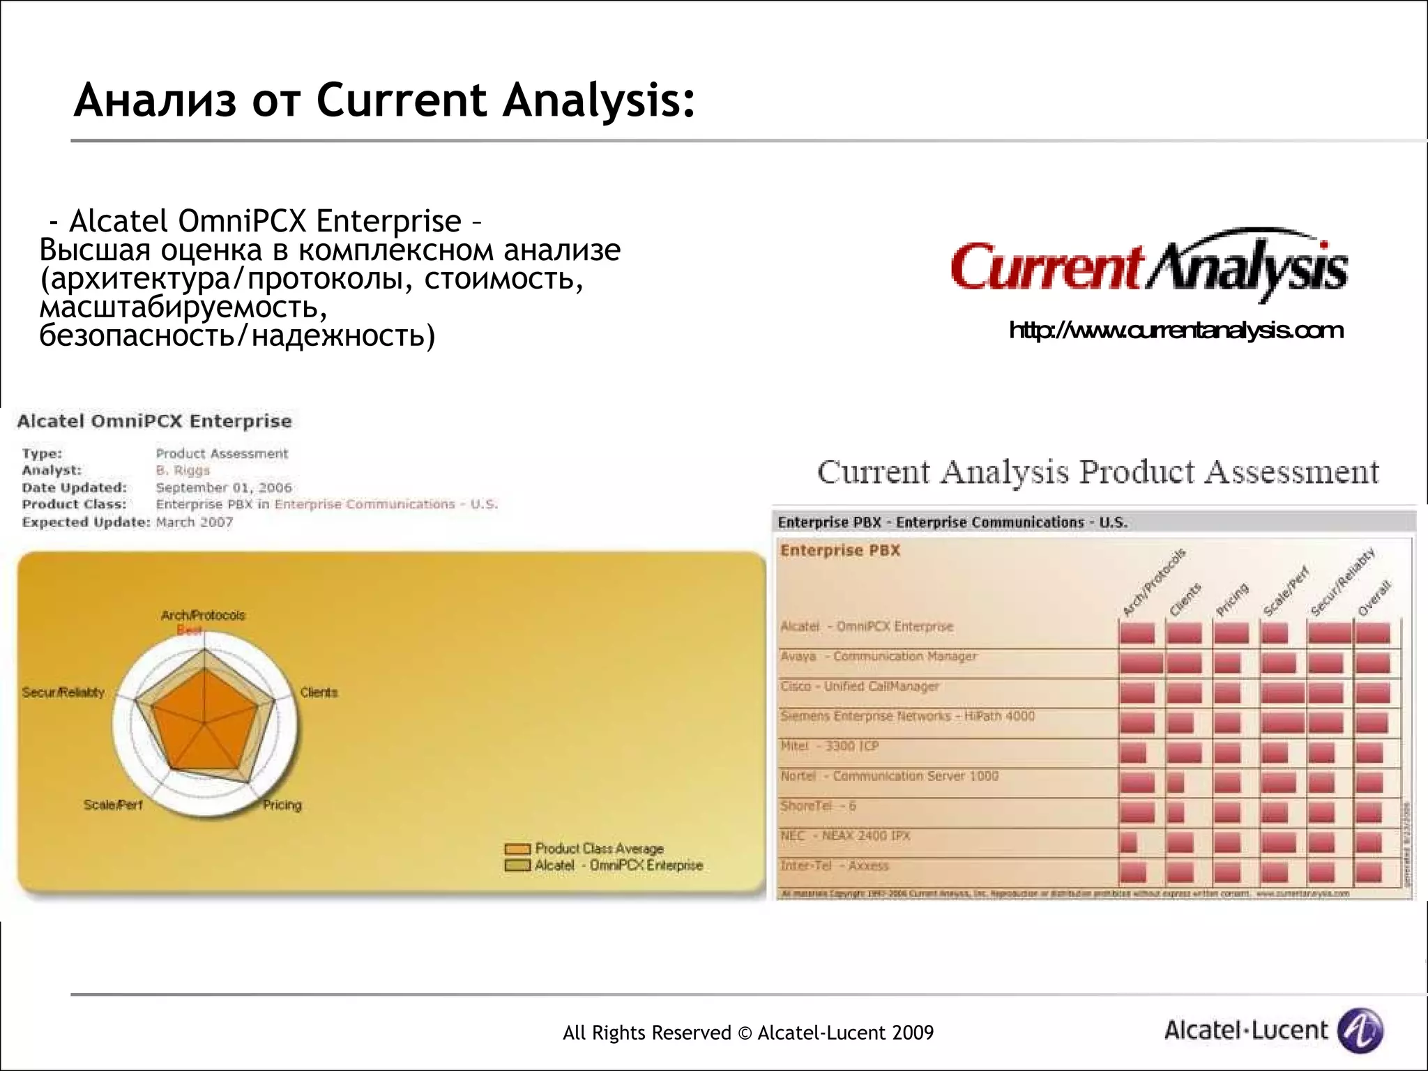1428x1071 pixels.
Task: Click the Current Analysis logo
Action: (1149, 267)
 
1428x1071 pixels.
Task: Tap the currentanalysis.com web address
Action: (1176, 331)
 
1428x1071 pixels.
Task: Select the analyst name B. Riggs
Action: (183, 471)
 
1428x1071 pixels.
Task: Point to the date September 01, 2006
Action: (224, 487)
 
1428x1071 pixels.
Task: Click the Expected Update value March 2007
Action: (195, 522)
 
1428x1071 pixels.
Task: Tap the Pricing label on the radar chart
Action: (282, 805)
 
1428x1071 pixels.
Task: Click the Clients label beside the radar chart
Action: (319, 692)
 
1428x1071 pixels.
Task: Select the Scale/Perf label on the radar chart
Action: (113, 805)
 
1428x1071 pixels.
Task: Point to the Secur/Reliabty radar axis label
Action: (63, 692)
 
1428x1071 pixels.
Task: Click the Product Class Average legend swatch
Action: (517, 849)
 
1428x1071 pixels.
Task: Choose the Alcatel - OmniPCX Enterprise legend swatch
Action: (517, 866)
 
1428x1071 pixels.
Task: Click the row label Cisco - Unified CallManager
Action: (860, 686)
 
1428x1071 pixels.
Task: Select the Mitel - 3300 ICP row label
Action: (830, 746)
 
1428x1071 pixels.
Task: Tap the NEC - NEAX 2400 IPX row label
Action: (845, 835)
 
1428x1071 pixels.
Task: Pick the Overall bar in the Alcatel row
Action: (1372, 633)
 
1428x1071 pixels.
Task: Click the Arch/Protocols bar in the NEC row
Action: (1129, 843)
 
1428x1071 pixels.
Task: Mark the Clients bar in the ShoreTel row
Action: (1176, 813)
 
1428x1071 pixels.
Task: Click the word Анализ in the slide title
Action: (155, 100)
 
